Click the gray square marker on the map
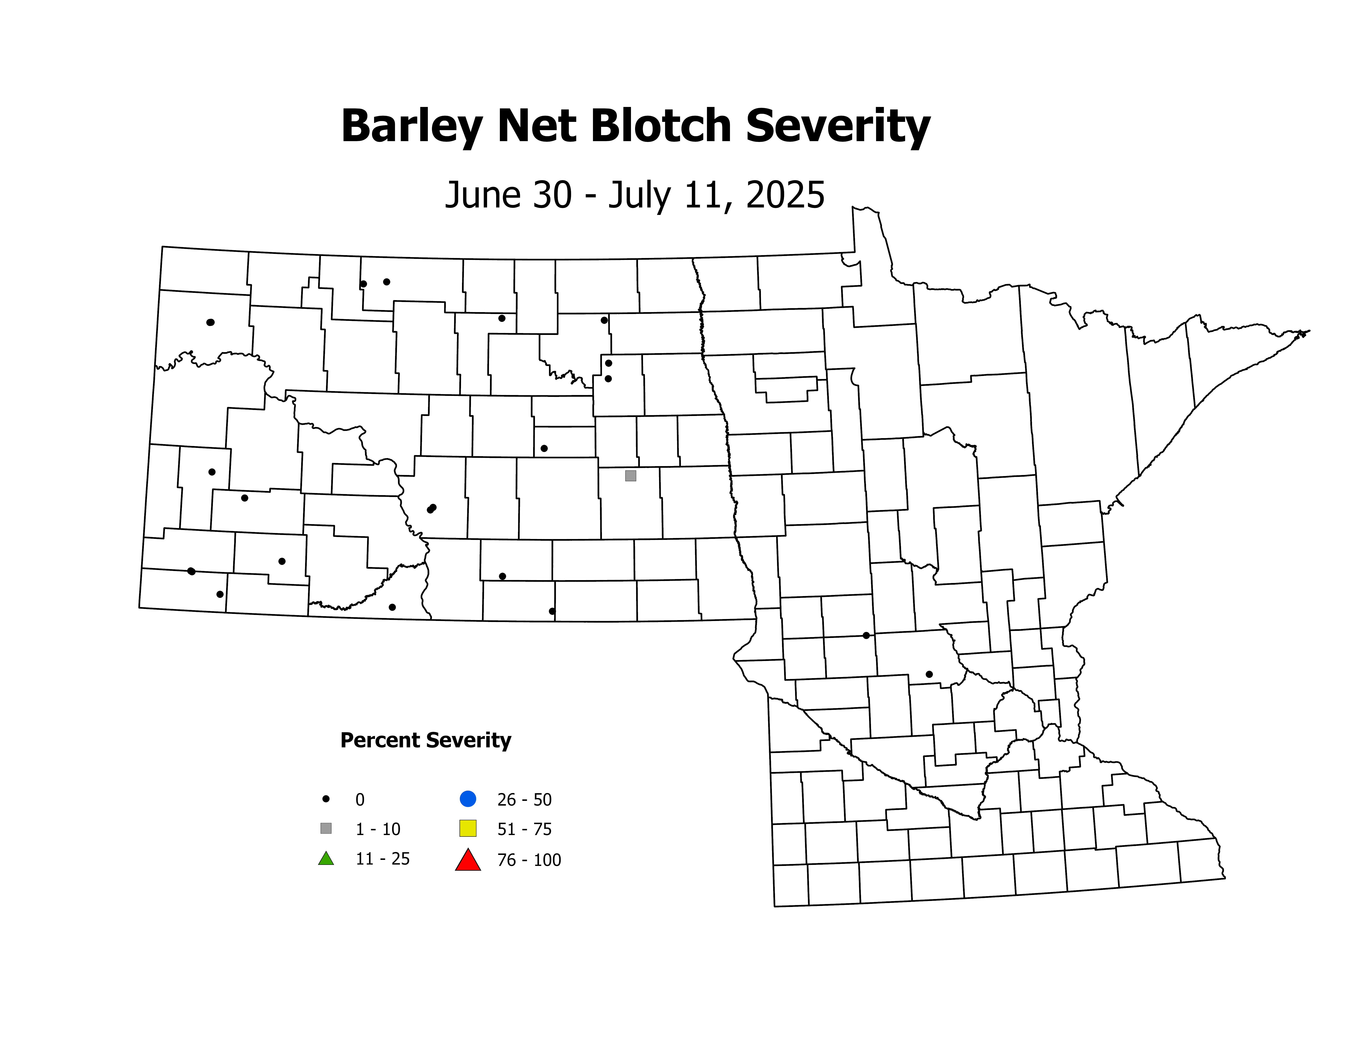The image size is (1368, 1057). [631, 476]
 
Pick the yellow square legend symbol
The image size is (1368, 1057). [468, 828]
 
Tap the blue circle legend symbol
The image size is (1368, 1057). [468, 799]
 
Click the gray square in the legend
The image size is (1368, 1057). [326, 828]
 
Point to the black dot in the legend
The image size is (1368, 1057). [326, 799]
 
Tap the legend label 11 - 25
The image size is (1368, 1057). [382, 859]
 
